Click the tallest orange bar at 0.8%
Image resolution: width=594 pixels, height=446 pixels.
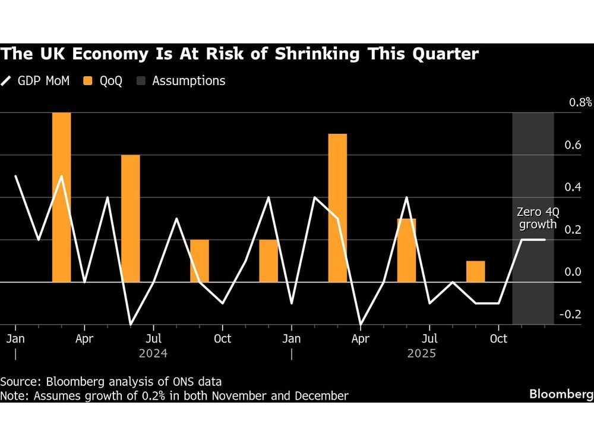[61, 197]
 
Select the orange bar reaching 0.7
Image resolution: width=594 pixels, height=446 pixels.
[337, 208]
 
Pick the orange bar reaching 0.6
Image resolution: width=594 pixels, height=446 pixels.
[130, 218]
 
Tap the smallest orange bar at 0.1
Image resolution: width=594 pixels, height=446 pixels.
[475, 271]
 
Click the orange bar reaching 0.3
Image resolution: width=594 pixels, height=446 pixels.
[406, 250]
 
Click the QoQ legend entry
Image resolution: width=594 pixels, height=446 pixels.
[103, 81]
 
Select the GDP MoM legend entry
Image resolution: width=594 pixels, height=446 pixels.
[36, 81]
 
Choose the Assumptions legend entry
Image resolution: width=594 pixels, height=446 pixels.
[182, 81]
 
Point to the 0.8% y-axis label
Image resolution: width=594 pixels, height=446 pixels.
[580, 102]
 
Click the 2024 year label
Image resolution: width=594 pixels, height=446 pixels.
[153, 353]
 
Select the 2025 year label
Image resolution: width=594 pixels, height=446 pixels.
[421, 353]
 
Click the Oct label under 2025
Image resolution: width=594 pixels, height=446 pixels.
[498, 339]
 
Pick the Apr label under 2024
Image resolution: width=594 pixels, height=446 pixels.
[84, 339]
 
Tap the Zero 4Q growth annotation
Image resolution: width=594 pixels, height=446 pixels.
[538, 218]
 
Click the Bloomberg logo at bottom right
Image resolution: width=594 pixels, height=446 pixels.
[561, 394]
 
